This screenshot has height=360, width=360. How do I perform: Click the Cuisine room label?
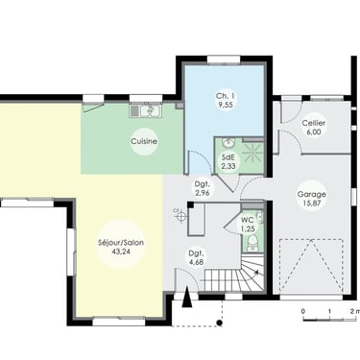click(x=144, y=141)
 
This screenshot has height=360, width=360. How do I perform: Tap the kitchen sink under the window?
click(x=146, y=110)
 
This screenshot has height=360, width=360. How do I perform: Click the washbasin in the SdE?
click(x=228, y=143)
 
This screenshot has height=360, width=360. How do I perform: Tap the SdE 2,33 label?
click(x=228, y=161)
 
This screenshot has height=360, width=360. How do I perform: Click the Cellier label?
click(x=314, y=123)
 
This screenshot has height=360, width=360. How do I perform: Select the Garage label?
click(x=312, y=194)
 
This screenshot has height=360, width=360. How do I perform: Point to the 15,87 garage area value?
click(x=312, y=203)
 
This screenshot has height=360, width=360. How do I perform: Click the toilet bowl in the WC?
click(x=252, y=241)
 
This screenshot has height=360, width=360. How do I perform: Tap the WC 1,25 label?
click(x=248, y=225)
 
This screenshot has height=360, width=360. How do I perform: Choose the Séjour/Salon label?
click(x=121, y=243)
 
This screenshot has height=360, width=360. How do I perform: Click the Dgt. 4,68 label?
click(x=196, y=258)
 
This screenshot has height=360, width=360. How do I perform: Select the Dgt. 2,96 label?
click(x=203, y=188)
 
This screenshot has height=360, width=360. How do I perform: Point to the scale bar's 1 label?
click(x=329, y=311)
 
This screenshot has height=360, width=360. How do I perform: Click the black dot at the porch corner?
click(x=220, y=323)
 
